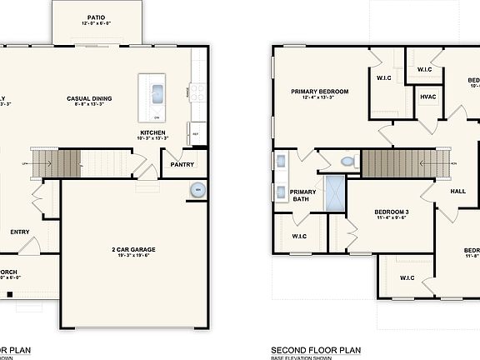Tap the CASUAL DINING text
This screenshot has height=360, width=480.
(89, 98)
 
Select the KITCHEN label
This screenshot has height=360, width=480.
(153, 132)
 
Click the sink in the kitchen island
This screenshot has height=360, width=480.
(156, 93)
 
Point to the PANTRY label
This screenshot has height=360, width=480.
(182, 164)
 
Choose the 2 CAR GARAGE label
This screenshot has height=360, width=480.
(134, 248)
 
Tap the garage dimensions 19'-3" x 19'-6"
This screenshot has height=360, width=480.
(134, 256)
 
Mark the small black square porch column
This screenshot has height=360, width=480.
(8, 292)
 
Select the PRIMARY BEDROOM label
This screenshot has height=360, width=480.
(319, 91)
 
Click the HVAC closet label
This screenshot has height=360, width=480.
(428, 97)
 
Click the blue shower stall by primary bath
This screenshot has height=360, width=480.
(334, 190)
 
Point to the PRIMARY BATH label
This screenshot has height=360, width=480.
(302, 196)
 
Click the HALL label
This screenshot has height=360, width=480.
(457, 192)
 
